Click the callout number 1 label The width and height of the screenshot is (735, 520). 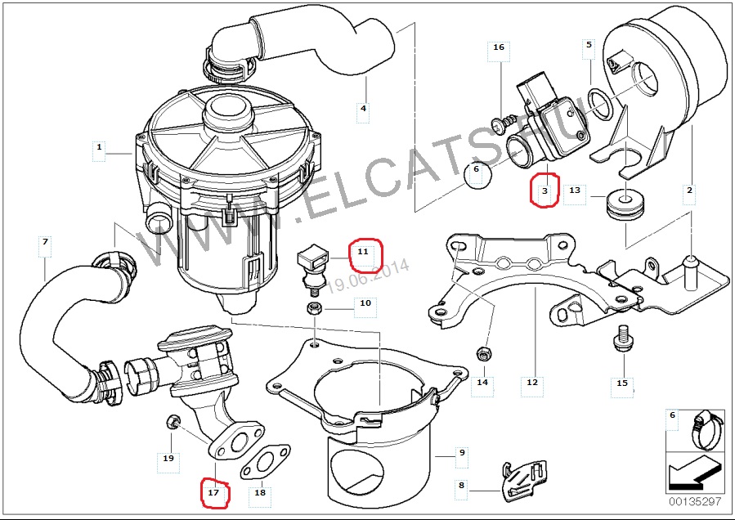tap(99, 148)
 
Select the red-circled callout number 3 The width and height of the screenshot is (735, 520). tap(545, 192)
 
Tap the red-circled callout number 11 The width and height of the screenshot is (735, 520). tap(364, 253)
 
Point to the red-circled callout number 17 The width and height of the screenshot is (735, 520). tap(213, 492)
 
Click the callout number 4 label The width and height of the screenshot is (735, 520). tap(363, 108)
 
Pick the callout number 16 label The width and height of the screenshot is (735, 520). tap(498, 47)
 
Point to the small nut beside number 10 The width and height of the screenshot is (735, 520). tap(312, 308)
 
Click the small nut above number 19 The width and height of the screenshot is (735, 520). tap(172, 422)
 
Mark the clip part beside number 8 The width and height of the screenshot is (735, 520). tap(520, 482)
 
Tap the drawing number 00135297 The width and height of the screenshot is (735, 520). tap(695, 501)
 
